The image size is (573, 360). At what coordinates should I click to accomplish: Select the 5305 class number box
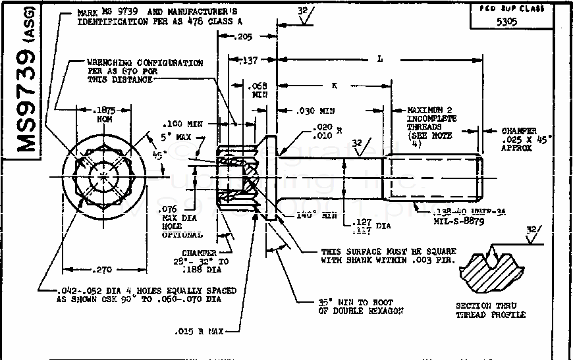coord(506,21)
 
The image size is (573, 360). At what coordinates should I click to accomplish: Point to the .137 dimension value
coord(248,61)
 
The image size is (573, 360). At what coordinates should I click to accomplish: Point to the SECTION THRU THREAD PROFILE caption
coord(491,310)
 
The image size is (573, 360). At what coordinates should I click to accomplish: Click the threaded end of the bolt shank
coord(435,178)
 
